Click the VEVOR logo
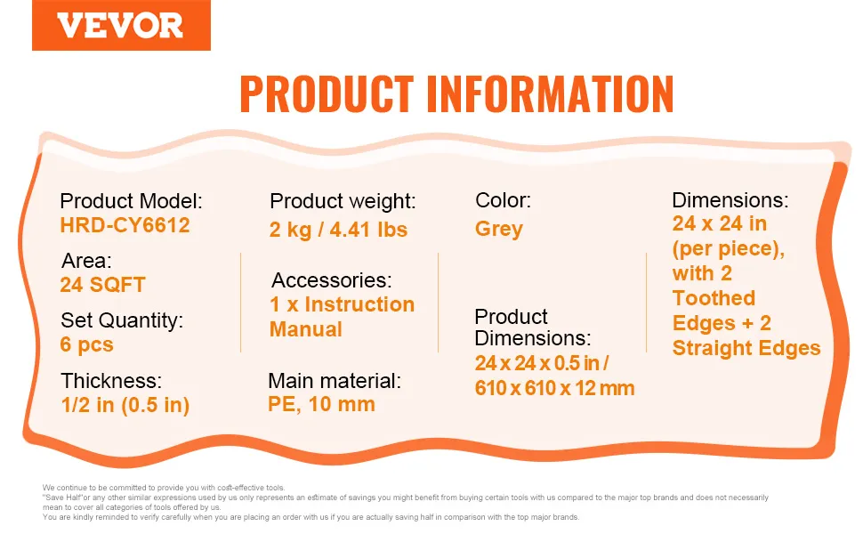tap(121, 25)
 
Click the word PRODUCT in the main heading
tap(327, 94)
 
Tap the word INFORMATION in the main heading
tap(551, 94)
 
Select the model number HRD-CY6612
tap(125, 225)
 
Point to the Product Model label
tap(131, 201)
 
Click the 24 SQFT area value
tap(102, 285)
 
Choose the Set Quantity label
tap(122, 320)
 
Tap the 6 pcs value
tap(86, 344)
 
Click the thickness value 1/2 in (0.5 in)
tap(125, 405)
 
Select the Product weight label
tap(343, 201)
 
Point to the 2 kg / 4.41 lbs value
tap(338, 230)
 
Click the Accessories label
tap(331, 280)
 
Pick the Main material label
tap(335, 380)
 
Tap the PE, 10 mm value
tap(321, 404)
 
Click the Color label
tap(503, 200)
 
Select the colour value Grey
tap(498, 229)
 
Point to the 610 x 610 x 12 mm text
tap(555, 388)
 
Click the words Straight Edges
tap(746, 349)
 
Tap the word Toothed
tap(714, 298)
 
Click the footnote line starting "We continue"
tap(164, 487)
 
